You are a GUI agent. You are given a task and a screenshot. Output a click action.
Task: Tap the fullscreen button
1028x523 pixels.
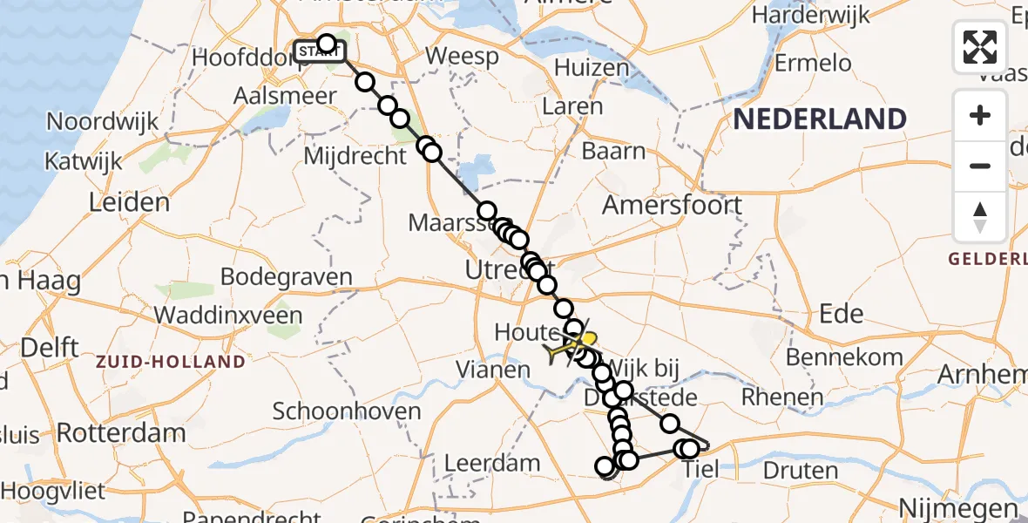(980, 47)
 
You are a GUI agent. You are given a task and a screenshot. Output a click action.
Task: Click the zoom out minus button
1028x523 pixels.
(980, 166)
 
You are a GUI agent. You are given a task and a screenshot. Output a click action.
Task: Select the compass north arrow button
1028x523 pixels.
(980, 216)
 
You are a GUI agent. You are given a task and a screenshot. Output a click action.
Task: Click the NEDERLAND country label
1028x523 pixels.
(819, 119)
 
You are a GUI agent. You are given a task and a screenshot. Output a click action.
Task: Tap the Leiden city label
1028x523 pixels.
(129, 202)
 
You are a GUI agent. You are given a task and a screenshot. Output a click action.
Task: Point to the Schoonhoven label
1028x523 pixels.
(347, 411)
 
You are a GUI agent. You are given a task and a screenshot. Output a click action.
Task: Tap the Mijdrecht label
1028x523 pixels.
(355, 156)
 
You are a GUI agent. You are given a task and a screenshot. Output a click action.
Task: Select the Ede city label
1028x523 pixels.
(842, 314)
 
